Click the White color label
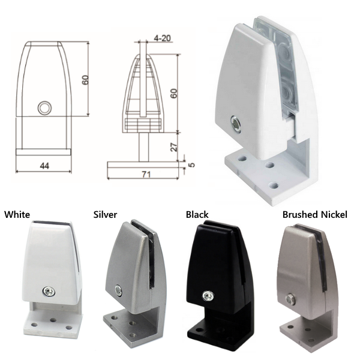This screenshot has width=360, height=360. (17, 214)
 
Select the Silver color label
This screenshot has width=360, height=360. (105, 214)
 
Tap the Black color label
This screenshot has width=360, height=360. (197, 214)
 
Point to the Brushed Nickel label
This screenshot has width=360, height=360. (314, 214)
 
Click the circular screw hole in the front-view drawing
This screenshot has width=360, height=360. (44, 108)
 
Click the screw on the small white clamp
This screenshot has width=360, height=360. (47, 292)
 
